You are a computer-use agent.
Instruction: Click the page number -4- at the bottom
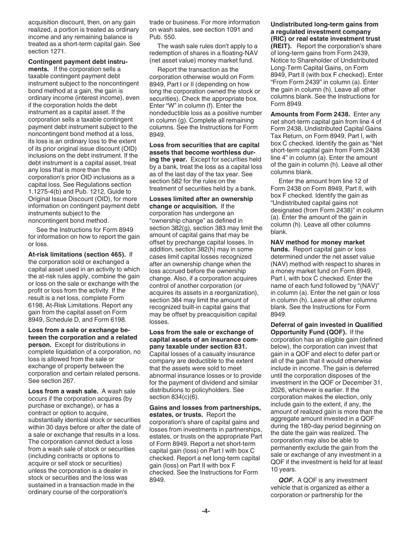206,511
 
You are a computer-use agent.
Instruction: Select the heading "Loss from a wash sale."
63,391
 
